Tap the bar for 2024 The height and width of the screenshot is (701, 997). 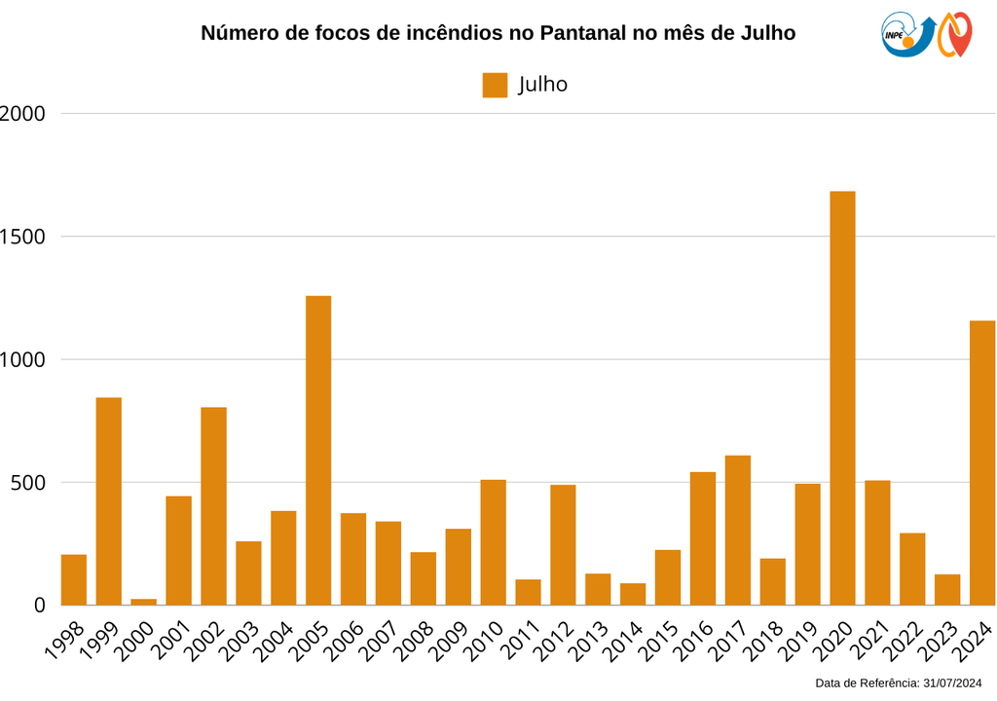point(982,462)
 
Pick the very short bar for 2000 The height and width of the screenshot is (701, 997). point(144,602)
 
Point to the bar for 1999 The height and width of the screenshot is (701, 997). point(109,500)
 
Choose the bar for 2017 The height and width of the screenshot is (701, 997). point(738,530)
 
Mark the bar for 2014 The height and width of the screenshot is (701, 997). point(633,594)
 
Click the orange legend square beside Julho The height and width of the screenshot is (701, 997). point(495,85)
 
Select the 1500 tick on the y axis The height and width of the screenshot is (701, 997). point(23,237)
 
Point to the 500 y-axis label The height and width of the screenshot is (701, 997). point(27,483)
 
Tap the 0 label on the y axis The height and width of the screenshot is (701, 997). point(40,606)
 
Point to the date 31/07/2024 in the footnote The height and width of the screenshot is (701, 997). point(951,683)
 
